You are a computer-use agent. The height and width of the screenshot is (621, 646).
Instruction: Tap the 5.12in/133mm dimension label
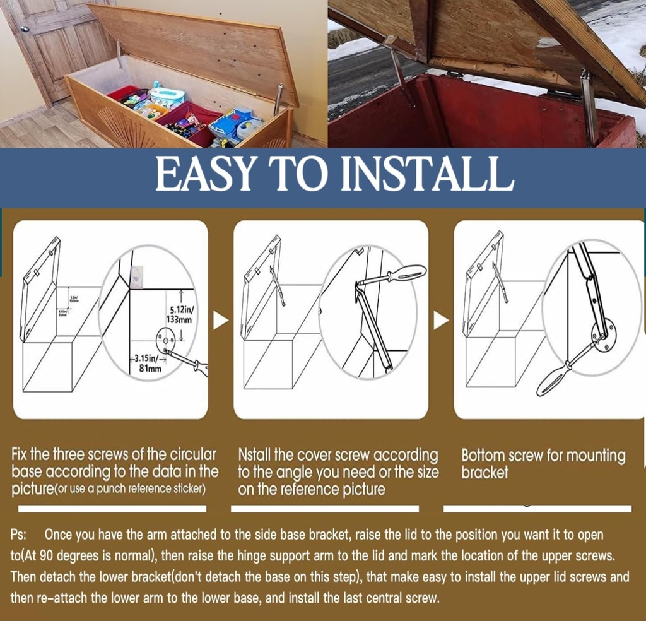(x=182, y=314)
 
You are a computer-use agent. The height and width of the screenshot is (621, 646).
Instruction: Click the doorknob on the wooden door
(x=25, y=29)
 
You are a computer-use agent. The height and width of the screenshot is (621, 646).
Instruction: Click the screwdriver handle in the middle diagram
(x=406, y=274)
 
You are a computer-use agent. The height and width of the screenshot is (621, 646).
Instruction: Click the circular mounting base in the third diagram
(x=602, y=333)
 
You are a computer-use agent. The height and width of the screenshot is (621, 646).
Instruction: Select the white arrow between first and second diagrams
(x=220, y=321)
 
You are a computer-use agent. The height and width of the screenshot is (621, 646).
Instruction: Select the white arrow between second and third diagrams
(x=441, y=321)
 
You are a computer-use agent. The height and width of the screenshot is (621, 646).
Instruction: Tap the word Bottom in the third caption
(x=483, y=456)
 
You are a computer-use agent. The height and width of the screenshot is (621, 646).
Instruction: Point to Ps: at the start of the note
(x=18, y=535)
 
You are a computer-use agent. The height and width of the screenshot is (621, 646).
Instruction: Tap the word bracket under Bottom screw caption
(x=484, y=473)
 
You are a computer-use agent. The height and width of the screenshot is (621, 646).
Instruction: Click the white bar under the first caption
(x=112, y=509)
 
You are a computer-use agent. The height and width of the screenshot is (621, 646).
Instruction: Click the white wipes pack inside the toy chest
(x=168, y=96)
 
